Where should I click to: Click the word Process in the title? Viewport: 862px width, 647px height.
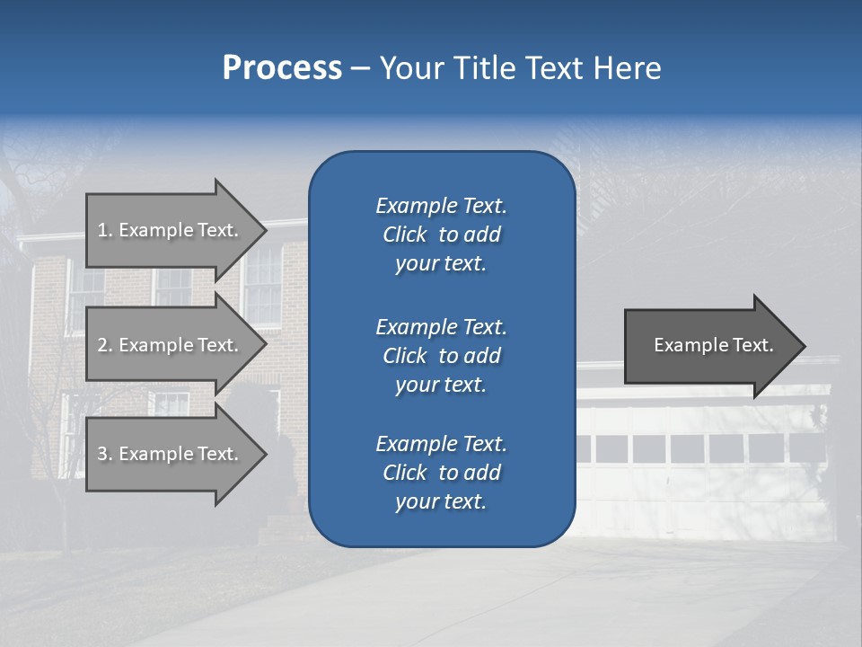coord(282,68)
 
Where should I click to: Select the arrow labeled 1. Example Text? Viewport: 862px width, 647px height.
coord(171,230)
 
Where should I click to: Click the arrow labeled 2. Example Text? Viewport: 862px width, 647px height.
coord(171,345)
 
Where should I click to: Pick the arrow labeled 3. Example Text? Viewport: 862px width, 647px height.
coord(171,454)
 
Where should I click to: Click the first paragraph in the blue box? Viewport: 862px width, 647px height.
coord(441,235)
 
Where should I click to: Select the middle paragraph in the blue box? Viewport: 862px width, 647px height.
coord(441,356)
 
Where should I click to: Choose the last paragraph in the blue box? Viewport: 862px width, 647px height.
coord(441,473)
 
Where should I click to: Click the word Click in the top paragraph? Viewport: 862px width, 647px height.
coord(405,235)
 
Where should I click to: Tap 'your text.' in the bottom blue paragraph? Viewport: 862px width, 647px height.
coord(441,501)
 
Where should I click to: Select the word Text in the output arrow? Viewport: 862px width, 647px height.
coord(752,345)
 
